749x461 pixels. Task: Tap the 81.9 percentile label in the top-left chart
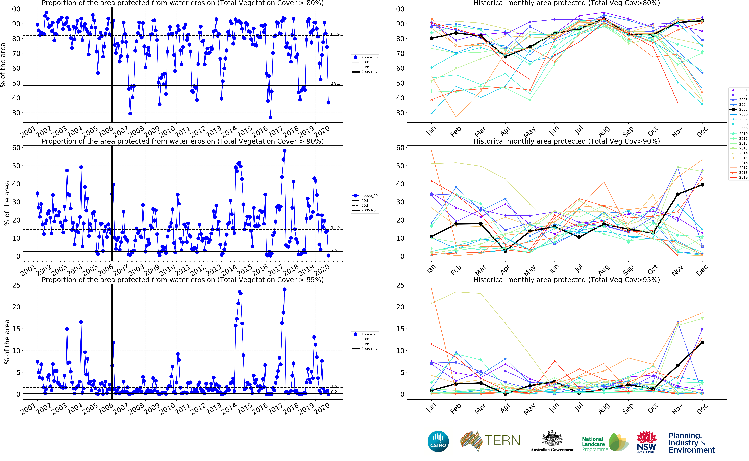click(335, 34)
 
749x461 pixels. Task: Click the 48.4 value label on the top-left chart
click(335, 84)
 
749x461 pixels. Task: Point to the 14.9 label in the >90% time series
click(335, 228)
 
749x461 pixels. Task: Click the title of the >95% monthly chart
click(567, 280)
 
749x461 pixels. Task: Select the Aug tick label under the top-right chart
click(603, 132)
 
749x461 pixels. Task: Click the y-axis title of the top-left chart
click(3, 65)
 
